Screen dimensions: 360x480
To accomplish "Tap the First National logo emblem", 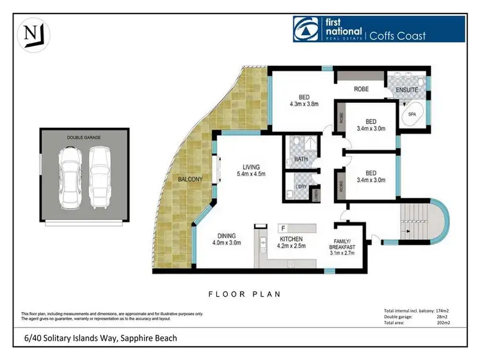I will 304,29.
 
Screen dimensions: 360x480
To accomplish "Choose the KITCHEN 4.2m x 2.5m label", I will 291,241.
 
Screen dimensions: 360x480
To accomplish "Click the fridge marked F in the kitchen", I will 282,228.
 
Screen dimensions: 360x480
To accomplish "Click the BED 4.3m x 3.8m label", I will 304,101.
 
